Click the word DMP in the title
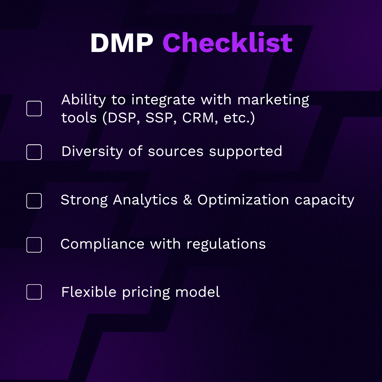122,43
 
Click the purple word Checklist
227,42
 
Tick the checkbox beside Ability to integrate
34,109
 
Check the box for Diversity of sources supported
34,152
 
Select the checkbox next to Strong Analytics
34,201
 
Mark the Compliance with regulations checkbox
34,245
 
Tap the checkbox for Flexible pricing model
34,292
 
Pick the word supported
245,152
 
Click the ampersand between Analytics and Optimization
187,200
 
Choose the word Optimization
243,200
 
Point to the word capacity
324,201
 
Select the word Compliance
102,244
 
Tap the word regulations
226,244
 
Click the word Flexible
89,292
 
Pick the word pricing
146,293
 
